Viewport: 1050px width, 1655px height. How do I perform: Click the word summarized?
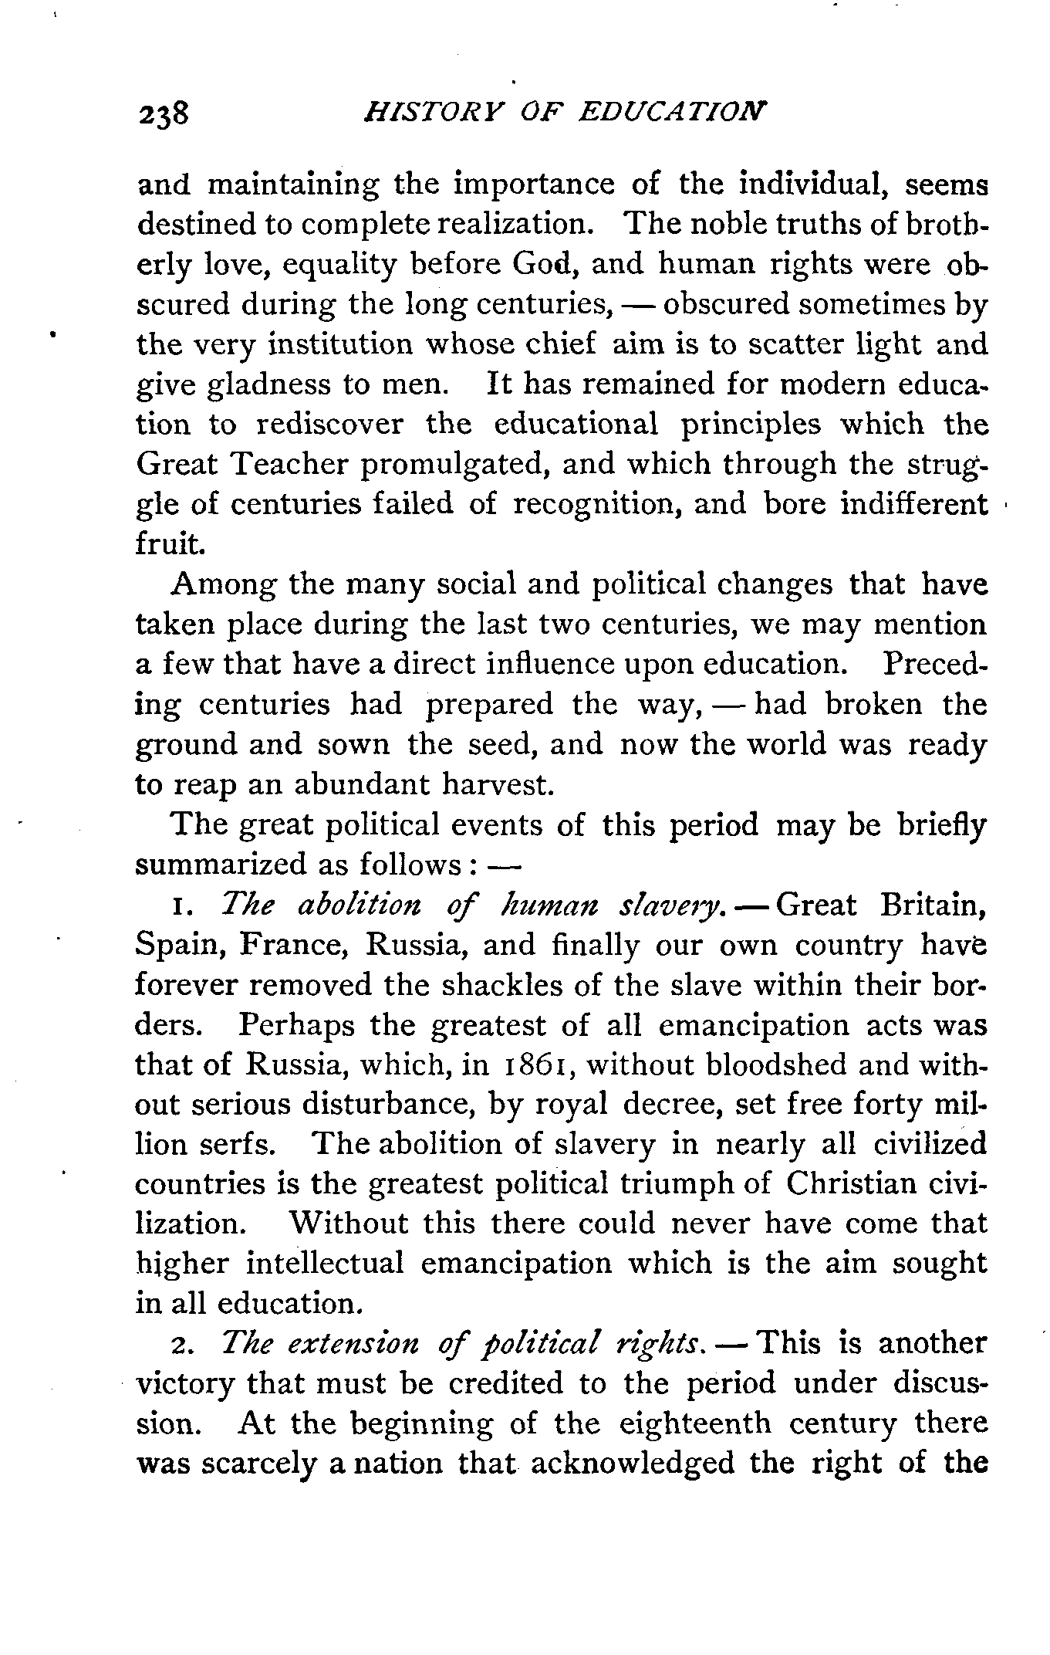[x=219, y=865]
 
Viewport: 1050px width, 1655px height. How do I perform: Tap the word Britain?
[x=932, y=905]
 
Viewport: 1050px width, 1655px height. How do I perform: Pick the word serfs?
[x=240, y=1145]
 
